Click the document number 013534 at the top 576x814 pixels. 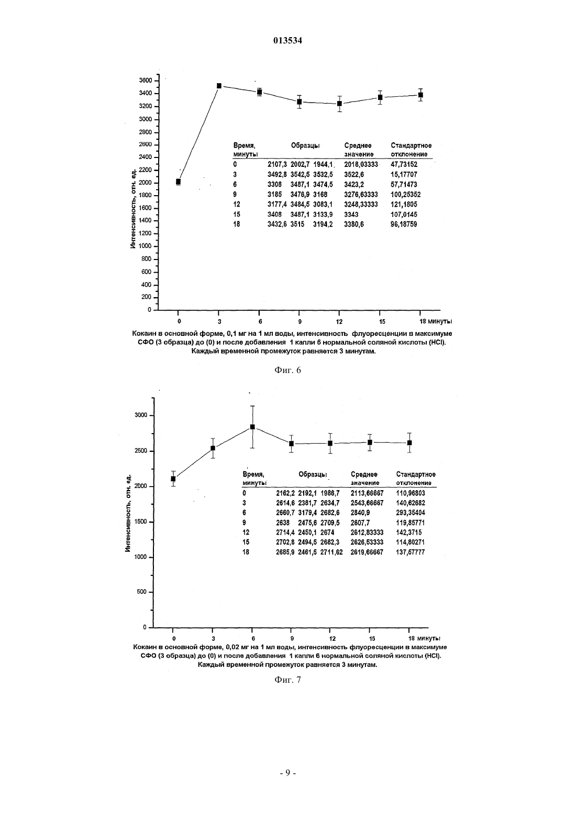[x=287, y=41]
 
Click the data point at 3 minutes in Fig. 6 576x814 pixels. [x=219, y=86]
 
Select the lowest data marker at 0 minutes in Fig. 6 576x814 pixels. [x=178, y=182]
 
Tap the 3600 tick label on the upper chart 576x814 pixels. [x=146, y=81]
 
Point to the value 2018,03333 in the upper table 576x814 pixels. [x=361, y=165]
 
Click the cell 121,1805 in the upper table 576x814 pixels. [x=404, y=204]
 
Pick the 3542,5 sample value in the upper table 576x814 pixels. [x=300, y=174]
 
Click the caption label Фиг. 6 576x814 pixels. [x=287, y=370]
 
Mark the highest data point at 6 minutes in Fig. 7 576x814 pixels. [x=252, y=427]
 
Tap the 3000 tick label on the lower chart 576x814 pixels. [x=141, y=415]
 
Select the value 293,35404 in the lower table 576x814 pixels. [x=411, y=513]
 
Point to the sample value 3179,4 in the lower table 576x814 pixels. [x=308, y=513]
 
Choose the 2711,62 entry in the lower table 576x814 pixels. [x=331, y=552]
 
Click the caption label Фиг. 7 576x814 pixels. [x=287, y=680]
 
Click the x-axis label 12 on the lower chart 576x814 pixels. [x=333, y=638]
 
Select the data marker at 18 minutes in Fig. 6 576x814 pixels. [x=420, y=95]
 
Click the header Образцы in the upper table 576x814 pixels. [x=305, y=146]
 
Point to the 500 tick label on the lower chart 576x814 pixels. [x=142, y=592]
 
